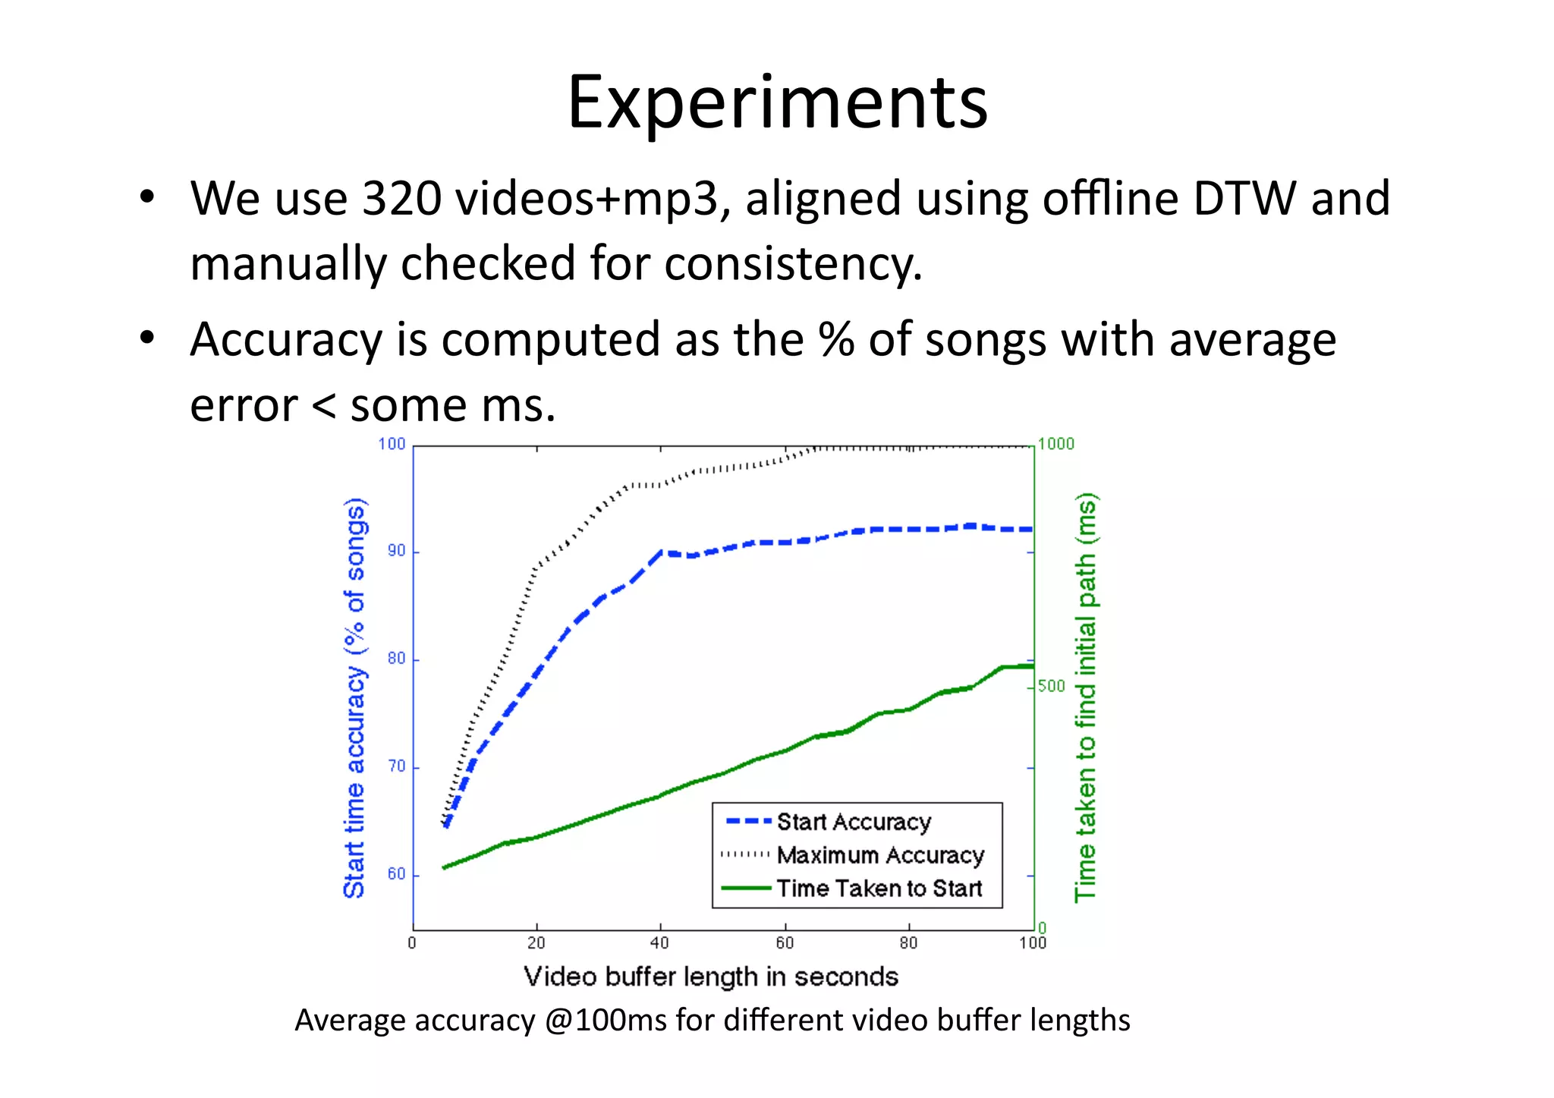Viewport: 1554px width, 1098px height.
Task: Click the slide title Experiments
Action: click(x=777, y=102)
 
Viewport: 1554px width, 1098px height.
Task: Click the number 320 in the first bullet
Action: click(x=402, y=199)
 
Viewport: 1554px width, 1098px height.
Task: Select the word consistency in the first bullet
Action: click(x=793, y=264)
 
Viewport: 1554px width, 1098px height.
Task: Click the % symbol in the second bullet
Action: click(x=836, y=339)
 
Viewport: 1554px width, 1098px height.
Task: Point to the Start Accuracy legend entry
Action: click(x=854, y=822)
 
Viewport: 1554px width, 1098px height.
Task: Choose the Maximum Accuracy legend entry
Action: click(x=880, y=855)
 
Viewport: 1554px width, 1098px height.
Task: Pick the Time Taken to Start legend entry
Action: click(x=879, y=889)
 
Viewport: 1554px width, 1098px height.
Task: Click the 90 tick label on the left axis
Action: click(x=397, y=552)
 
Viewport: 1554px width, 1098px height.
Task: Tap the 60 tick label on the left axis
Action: click(x=397, y=874)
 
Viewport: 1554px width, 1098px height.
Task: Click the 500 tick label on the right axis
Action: click(x=1052, y=686)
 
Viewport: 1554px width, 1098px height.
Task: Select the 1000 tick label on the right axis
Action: click(x=1056, y=444)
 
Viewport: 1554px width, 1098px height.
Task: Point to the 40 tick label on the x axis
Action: click(x=659, y=943)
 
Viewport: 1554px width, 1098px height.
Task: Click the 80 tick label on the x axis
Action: click(x=908, y=943)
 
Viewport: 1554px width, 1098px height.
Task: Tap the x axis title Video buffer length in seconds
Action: click(x=711, y=977)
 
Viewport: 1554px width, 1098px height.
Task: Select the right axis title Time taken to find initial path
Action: click(x=1086, y=698)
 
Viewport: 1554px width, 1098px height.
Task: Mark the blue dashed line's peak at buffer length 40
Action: click(x=662, y=552)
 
